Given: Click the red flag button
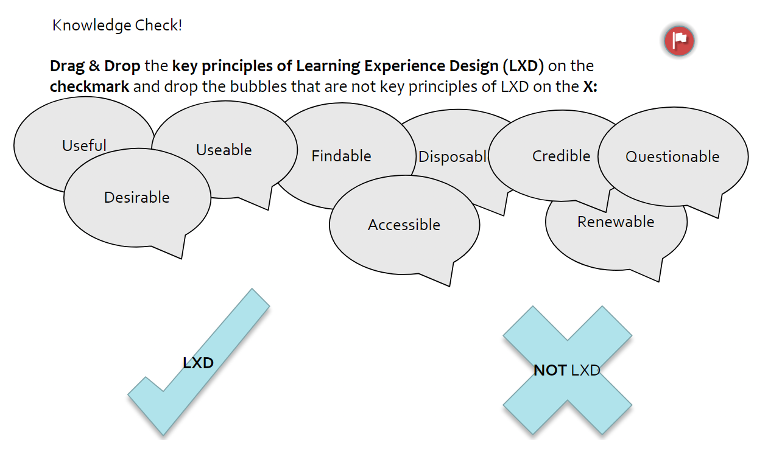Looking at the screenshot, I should pyautogui.click(x=679, y=41).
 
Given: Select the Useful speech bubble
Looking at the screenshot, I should pyautogui.click(x=84, y=145).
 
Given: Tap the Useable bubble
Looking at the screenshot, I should pyautogui.click(x=224, y=150).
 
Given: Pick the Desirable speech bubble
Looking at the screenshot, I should pyautogui.click(x=137, y=197).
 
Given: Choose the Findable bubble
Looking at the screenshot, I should pyautogui.click(x=341, y=156).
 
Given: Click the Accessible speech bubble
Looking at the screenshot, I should pyautogui.click(x=404, y=225).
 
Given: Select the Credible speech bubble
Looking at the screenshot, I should pyautogui.click(x=561, y=156).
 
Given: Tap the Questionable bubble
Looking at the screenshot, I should pyautogui.click(x=672, y=156).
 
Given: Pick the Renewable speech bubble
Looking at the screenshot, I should pyautogui.click(x=616, y=222).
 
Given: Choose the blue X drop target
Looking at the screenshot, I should pyautogui.click(x=567, y=370).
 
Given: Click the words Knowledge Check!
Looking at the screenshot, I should pyautogui.click(x=117, y=26).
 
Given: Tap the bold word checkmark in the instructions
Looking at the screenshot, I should pyautogui.click(x=90, y=86).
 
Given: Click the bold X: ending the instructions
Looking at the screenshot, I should pyautogui.click(x=590, y=86).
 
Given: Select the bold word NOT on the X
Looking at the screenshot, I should pyautogui.click(x=550, y=370).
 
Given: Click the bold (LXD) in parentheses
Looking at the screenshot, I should pyautogui.click(x=522, y=66).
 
